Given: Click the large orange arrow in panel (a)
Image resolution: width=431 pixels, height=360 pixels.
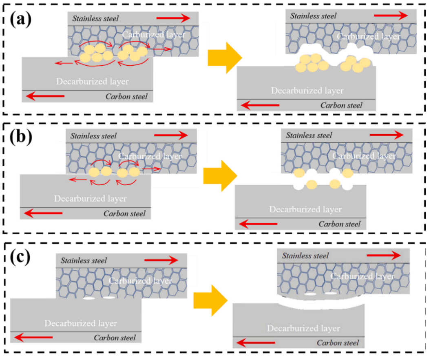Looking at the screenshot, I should [x=222, y=57].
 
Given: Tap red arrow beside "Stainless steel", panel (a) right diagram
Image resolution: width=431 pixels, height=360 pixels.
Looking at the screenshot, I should [x=391, y=16].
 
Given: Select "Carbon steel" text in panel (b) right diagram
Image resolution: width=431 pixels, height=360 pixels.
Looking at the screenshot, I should [x=339, y=224].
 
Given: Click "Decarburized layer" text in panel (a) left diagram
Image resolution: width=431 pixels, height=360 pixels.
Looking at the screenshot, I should [x=93, y=82].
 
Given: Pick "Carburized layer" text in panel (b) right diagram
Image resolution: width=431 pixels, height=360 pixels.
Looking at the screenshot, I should [x=364, y=156].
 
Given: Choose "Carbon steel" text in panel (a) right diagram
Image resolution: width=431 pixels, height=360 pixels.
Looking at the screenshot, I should [x=341, y=105].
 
